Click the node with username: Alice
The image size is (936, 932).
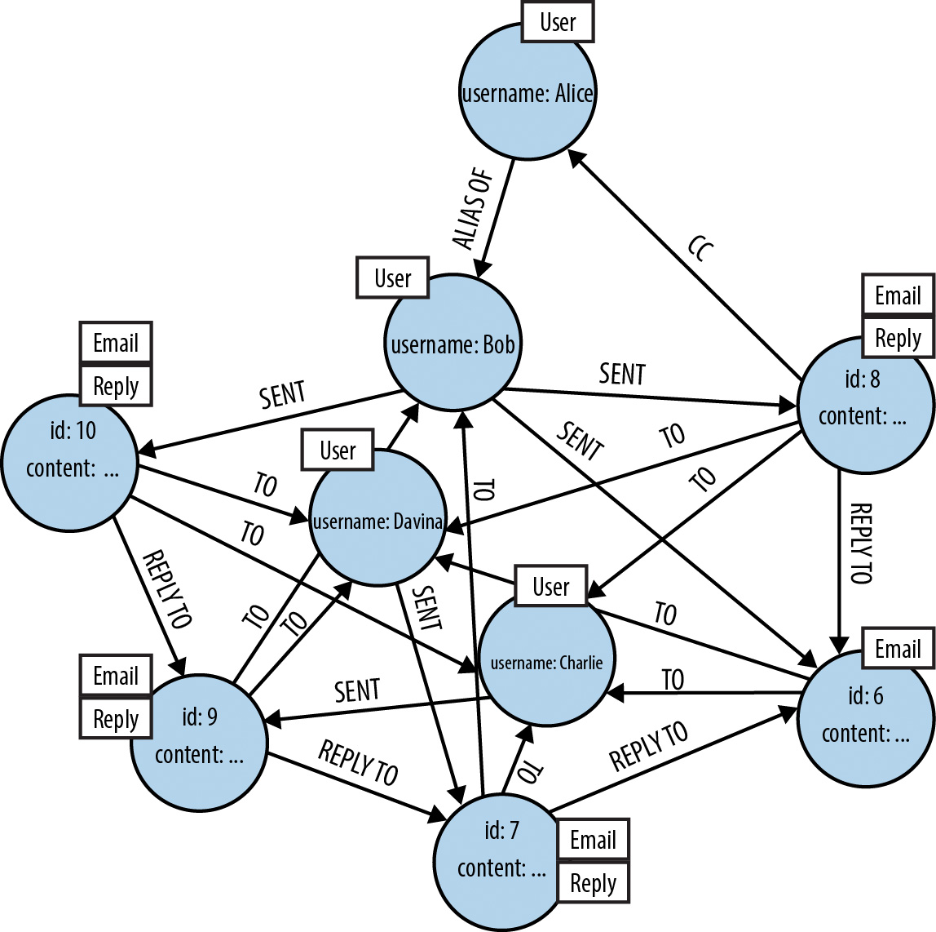[528, 91]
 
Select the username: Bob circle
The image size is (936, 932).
[453, 343]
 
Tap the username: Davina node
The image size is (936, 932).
[377, 518]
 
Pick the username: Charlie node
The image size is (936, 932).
[546, 659]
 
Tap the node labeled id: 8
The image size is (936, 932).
[864, 404]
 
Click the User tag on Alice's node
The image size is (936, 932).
[558, 22]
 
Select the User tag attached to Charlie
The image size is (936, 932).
[551, 586]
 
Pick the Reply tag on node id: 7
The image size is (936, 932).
[593, 882]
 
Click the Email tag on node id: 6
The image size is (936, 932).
[898, 649]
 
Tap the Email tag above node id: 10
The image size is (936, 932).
[116, 343]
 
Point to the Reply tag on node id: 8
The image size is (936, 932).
[898, 337]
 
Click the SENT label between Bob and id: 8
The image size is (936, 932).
[622, 374]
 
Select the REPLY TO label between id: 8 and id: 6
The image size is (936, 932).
[860, 544]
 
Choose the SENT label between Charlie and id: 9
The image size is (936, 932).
[357, 690]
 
